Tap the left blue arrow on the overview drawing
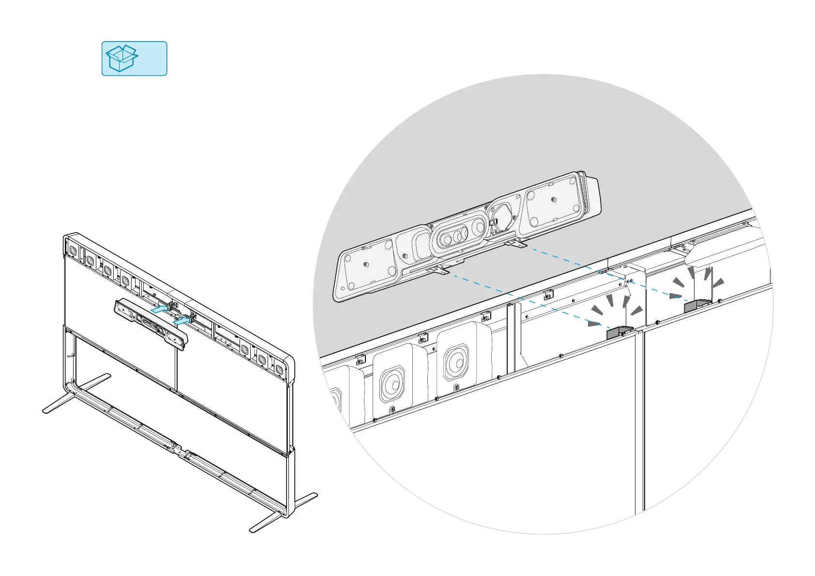pyautogui.click(x=160, y=309)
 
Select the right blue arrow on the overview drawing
pyautogui.click(x=181, y=320)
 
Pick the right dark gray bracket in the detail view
pyautogui.click(x=697, y=305)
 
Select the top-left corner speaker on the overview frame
pyautogui.click(x=73, y=251)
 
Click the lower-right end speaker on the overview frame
pyautogui.click(x=279, y=369)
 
